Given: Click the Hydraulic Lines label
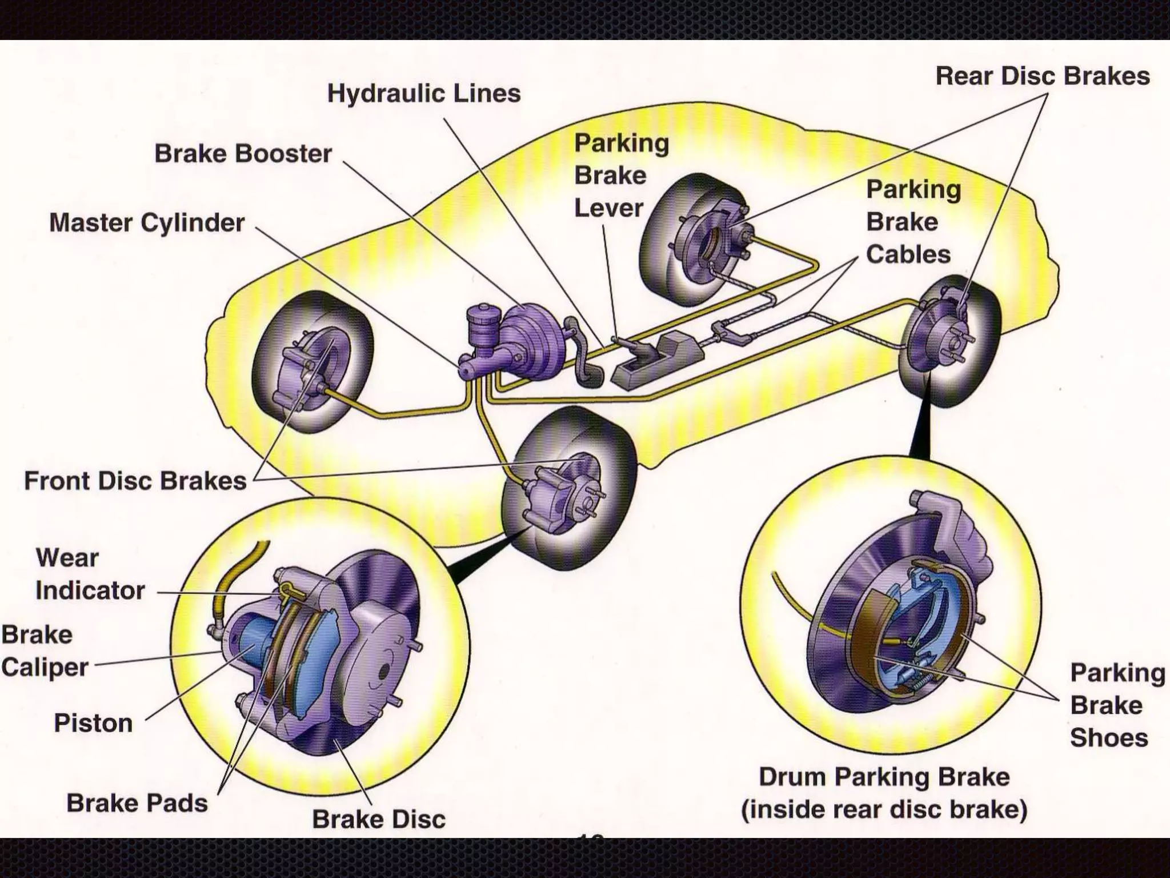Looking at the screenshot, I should [423, 94].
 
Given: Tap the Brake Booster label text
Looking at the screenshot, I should [243, 154].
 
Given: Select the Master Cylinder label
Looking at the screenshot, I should [147, 223].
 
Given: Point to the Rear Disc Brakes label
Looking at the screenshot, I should [1042, 77].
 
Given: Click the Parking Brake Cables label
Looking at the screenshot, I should [912, 222].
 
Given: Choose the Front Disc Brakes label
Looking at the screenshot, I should [135, 481].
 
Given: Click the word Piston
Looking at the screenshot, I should [93, 724].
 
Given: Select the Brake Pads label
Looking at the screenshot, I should [137, 803].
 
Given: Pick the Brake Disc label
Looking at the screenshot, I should [378, 819].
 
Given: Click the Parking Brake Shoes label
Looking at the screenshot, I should [1116, 705].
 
